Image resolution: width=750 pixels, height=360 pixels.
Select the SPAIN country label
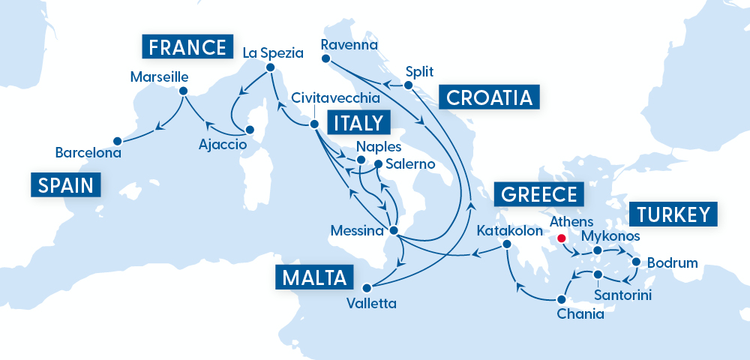coord(66,184)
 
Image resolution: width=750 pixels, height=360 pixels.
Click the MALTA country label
coord(314,277)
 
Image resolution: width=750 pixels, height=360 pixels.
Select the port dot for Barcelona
coord(117,140)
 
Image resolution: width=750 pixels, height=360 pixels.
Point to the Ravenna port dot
coord(325,58)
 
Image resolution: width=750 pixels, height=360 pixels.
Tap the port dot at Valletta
coord(367,287)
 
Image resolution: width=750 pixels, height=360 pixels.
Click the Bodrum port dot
coord(636,262)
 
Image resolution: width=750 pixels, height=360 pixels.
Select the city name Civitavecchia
coord(335,98)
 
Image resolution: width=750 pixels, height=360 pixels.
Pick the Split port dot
coord(409,85)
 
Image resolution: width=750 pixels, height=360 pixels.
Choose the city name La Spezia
coord(273,53)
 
